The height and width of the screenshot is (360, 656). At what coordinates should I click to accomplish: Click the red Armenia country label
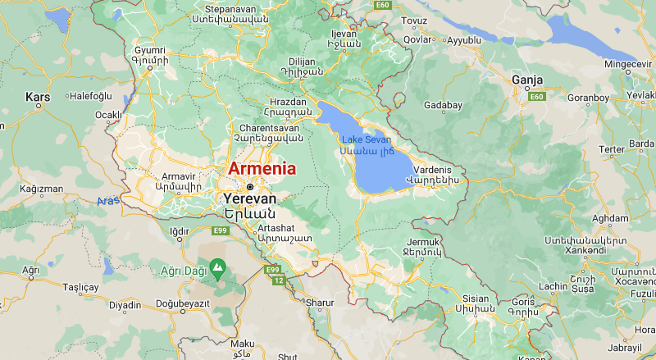(x=262, y=169)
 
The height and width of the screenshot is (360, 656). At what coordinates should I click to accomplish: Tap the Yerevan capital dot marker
(x=250, y=186)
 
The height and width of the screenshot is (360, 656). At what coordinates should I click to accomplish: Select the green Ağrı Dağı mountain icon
(x=217, y=267)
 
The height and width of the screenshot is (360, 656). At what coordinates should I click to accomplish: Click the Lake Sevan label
(x=367, y=140)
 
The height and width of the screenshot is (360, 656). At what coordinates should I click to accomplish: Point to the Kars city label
(x=38, y=97)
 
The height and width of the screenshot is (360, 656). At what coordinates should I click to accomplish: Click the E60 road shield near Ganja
(x=537, y=97)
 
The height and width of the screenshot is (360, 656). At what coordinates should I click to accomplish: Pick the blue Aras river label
(x=107, y=201)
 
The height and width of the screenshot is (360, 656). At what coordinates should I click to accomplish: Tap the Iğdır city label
(x=179, y=231)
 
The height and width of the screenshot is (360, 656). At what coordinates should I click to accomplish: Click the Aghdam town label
(x=609, y=218)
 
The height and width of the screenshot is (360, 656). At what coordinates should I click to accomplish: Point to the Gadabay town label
(x=444, y=106)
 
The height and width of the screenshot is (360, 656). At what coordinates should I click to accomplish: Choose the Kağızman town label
(x=42, y=189)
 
